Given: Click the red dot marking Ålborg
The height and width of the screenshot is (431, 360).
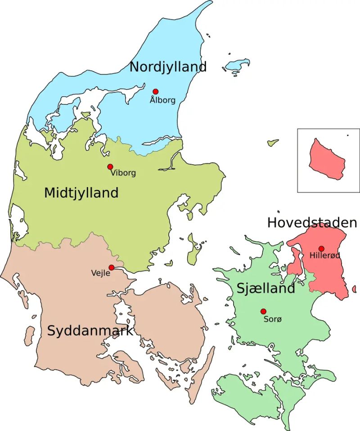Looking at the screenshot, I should pyautogui.click(x=156, y=91).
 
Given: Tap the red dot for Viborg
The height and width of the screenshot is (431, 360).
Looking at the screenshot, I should pyautogui.click(x=110, y=166).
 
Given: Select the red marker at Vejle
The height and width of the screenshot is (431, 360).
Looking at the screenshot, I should pyautogui.click(x=111, y=267).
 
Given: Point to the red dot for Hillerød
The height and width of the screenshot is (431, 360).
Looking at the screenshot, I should pyautogui.click(x=321, y=248).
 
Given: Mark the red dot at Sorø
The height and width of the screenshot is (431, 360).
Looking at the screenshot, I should pyautogui.click(x=263, y=311).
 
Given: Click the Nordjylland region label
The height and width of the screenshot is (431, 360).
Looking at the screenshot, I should pyautogui.click(x=168, y=67).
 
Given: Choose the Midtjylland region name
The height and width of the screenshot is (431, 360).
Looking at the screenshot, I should pyautogui.click(x=81, y=193).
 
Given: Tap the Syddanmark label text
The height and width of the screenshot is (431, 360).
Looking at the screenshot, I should pyautogui.click(x=90, y=331).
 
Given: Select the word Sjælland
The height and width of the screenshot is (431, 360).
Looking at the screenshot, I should pyautogui.click(x=265, y=288).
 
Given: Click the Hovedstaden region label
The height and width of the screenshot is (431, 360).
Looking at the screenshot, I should pyautogui.click(x=312, y=222).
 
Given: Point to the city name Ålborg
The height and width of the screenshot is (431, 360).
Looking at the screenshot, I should pyautogui.click(x=162, y=100).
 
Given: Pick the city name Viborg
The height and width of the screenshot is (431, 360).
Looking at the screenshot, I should pyautogui.click(x=123, y=173).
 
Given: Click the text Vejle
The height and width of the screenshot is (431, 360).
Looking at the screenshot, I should pyautogui.click(x=100, y=273).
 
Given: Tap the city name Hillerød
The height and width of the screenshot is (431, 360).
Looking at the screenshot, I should pyautogui.click(x=325, y=256).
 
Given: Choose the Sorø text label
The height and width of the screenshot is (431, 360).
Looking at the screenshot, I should pyautogui.click(x=272, y=319).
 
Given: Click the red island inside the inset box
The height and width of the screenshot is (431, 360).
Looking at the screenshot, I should pyautogui.click(x=326, y=159).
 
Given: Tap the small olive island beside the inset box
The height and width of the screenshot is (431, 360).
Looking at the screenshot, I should pyautogui.click(x=273, y=143).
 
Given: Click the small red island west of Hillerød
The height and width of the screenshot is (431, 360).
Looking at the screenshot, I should pyautogui.click(x=295, y=263).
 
